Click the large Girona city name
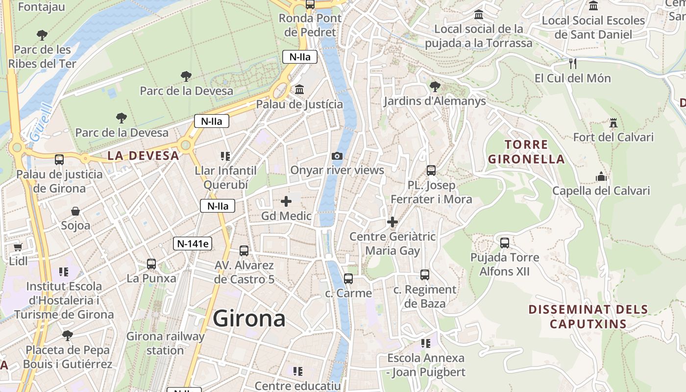(249, 318)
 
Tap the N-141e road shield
(193, 244)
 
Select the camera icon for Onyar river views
(337, 156)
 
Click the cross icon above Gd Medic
(286, 201)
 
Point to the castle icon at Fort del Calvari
(613, 122)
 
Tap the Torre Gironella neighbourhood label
(526, 152)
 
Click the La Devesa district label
(143, 156)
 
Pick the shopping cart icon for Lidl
(18, 247)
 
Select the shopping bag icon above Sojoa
(75, 211)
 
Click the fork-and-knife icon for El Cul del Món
(572, 63)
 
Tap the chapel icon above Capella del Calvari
(601, 176)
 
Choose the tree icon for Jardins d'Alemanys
(435, 87)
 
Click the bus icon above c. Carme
(348, 279)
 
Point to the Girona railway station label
(165, 343)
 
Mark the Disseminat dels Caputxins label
(588, 317)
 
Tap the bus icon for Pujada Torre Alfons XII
(505, 243)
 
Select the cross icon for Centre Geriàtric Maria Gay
(392, 222)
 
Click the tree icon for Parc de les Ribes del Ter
(42, 35)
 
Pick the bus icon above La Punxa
(151, 264)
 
